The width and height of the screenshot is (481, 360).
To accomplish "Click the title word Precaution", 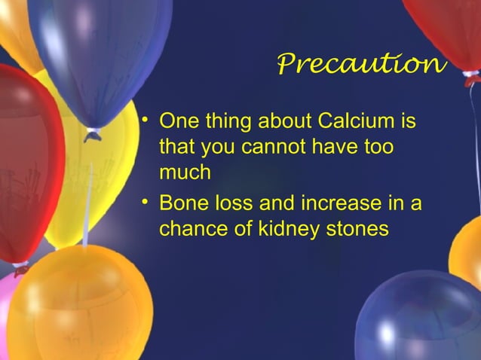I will [x=361, y=65].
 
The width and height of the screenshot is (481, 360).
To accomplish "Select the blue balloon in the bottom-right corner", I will [x=422, y=316].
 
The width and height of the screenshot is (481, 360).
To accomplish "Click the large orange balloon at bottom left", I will [x=79, y=305].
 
